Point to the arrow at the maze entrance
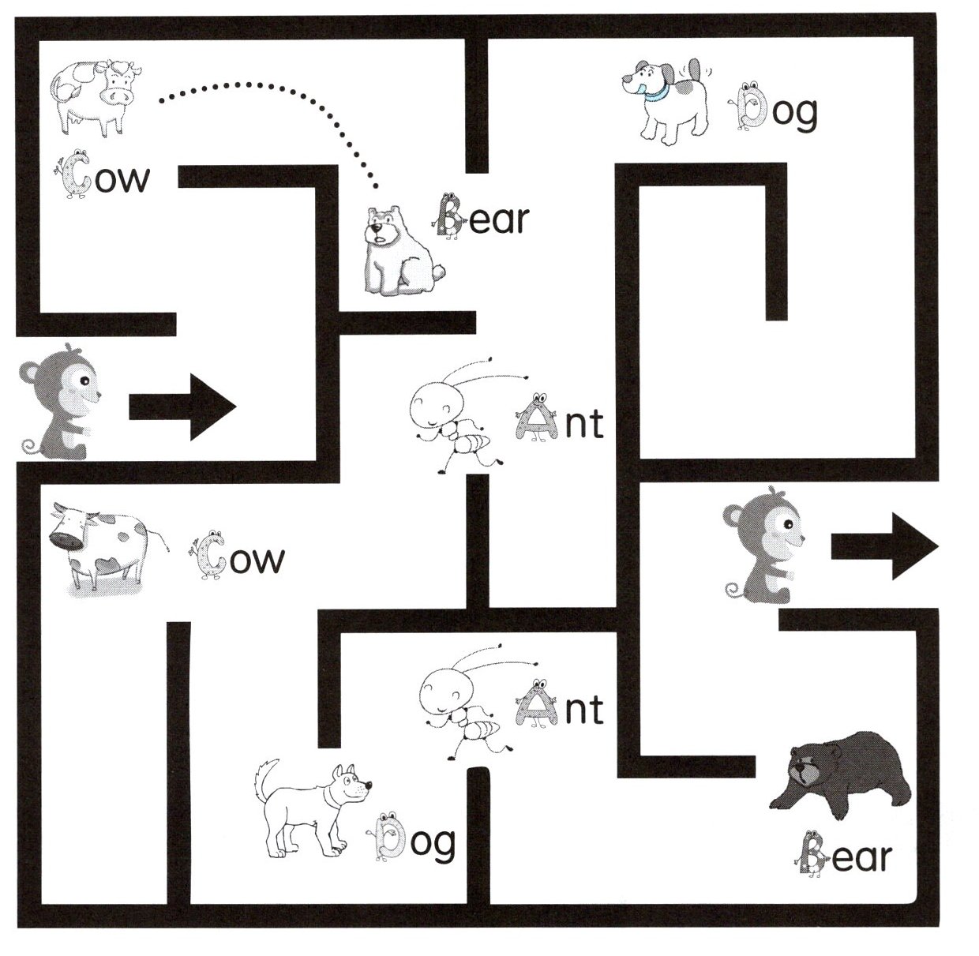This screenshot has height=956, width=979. (182, 407)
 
